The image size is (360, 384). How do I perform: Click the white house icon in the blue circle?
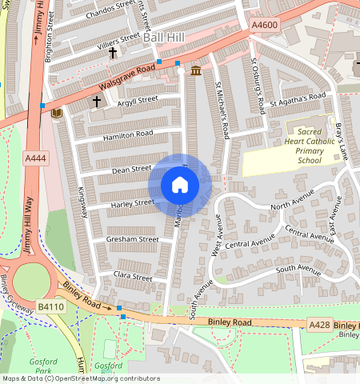pyautogui.click(x=180, y=186)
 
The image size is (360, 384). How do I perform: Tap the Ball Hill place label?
pyautogui.click(x=163, y=37)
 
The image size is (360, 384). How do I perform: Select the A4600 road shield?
pyautogui.click(x=264, y=26)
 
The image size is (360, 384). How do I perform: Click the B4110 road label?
pyautogui.click(x=50, y=306)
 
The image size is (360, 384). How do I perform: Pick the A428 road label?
pyautogui.click(x=319, y=324)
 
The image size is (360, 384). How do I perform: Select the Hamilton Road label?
pyautogui.click(x=127, y=135)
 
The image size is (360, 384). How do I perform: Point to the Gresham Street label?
pyautogui.click(x=132, y=238)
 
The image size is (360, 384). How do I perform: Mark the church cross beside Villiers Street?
pyautogui.click(x=113, y=53)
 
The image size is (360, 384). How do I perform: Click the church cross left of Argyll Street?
pyautogui.click(x=97, y=102)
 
